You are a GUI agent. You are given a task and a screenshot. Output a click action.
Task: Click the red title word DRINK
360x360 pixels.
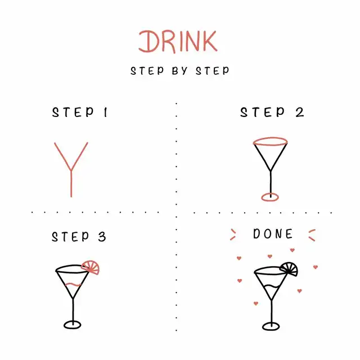[178, 41]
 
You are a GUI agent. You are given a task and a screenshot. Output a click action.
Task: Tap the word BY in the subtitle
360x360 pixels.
[180, 71]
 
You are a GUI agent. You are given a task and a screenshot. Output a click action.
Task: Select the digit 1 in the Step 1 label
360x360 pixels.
[105, 112]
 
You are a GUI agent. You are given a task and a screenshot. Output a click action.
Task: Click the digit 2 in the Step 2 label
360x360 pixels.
[300, 112]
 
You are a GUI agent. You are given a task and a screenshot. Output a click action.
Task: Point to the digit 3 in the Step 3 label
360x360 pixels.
[102, 237]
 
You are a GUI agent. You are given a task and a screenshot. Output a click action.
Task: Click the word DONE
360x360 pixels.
[273, 234]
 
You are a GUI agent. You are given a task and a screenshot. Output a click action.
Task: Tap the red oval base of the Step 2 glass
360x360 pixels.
[270, 201]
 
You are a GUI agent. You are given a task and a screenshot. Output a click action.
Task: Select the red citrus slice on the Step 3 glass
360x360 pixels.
[91, 268]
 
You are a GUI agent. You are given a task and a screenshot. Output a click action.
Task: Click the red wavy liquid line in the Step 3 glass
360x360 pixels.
[73, 285]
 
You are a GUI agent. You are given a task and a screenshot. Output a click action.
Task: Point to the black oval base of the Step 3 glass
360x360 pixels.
[73, 328]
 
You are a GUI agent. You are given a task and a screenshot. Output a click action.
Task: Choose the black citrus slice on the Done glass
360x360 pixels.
[290, 269]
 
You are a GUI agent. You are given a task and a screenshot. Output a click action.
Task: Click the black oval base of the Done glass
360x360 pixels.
[271, 330]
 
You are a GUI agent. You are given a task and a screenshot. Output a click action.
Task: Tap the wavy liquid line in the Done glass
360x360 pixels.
[272, 286]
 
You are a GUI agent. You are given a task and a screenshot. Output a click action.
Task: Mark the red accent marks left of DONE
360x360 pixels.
[233, 235]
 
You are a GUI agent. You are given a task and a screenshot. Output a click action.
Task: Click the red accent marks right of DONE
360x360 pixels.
[312, 235]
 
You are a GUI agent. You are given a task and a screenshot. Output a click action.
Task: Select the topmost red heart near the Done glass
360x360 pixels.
[292, 250]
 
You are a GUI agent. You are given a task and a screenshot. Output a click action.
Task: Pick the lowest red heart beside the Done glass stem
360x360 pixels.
[256, 304]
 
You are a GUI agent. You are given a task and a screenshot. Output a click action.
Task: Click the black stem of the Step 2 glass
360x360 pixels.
[271, 184]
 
